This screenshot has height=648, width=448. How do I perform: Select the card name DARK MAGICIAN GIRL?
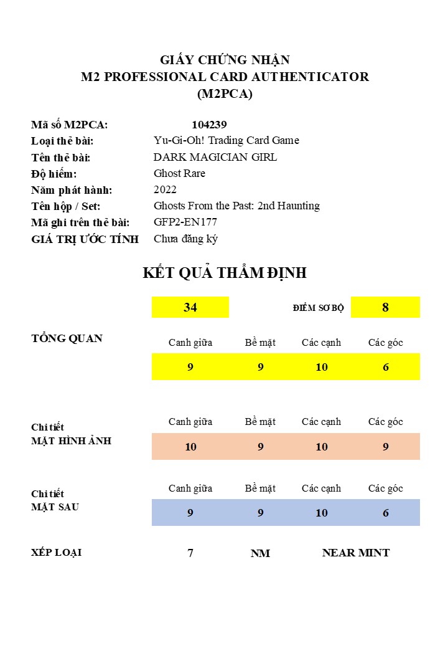click(x=215, y=157)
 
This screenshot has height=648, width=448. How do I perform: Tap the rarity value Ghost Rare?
click(x=179, y=173)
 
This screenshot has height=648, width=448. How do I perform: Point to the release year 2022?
click(x=165, y=189)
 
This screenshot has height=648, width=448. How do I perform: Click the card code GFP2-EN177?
click(x=185, y=222)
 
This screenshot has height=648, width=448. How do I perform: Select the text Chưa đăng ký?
click(x=185, y=239)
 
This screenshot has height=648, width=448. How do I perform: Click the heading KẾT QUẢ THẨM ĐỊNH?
click(x=225, y=273)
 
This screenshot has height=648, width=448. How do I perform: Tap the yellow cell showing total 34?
click(x=190, y=307)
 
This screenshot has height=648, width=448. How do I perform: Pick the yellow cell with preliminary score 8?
click(x=385, y=307)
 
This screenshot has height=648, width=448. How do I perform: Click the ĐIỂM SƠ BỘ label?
click(x=318, y=308)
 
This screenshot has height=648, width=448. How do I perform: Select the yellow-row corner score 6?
click(x=386, y=367)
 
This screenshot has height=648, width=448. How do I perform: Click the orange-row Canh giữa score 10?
click(x=190, y=447)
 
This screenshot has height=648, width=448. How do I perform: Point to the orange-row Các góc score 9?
click(x=386, y=447)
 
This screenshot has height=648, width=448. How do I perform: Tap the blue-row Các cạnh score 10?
click(x=322, y=513)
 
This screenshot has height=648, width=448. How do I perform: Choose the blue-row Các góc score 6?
click(x=386, y=513)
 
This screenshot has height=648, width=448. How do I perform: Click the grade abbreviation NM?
click(x=260, y=553)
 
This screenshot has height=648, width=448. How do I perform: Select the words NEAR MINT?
click(x=356, y=553)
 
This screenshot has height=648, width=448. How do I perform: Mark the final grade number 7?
click(x=190, y=553)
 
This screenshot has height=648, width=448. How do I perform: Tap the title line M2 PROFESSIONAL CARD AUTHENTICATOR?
click(x=225, y=77)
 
